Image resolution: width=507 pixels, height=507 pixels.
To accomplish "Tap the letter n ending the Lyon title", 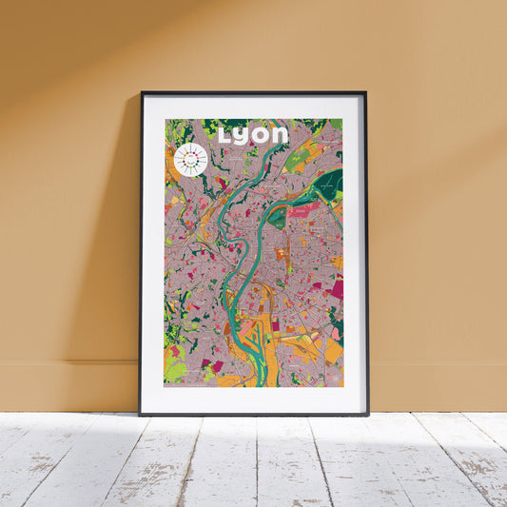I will (280, 135).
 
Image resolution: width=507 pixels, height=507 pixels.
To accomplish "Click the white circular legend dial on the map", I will (190, 160).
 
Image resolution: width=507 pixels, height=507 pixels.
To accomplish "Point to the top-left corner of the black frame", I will (141, 92).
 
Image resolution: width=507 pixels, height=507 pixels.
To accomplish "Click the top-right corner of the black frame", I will (366, 92).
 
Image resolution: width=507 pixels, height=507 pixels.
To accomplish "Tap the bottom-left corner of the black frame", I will (140, 415).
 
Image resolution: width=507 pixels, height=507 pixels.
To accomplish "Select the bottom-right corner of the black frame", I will (368, 415).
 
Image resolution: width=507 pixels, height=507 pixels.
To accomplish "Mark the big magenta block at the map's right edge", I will (337, 288).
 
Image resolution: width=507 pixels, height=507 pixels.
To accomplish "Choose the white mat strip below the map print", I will (254, 400).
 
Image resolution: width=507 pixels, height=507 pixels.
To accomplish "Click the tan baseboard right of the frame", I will (438, 385).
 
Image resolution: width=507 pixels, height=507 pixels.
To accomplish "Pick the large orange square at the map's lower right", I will (332, 352).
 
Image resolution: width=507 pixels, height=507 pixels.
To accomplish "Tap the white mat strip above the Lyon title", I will (254, 106).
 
